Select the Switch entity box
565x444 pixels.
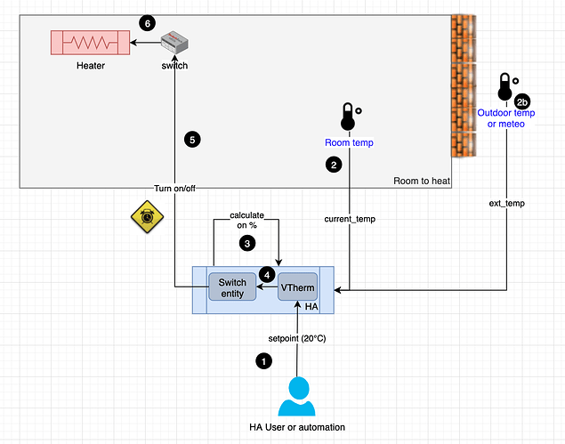(231, 287)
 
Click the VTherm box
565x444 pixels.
(298, 287)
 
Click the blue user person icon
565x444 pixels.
(297, 397)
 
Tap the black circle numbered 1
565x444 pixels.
(262, 360)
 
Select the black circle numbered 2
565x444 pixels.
(333, 165)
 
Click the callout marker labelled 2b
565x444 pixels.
(523, 101)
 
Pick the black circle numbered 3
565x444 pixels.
(248, 241)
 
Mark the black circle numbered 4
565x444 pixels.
(266, 272)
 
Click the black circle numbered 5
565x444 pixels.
(191, 139)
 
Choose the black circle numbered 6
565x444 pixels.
(148, 20)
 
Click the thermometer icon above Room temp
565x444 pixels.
(347, 117)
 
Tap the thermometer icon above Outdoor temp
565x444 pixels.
(504, 87)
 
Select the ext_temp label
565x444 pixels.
(507, 203)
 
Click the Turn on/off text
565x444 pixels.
(174, 189)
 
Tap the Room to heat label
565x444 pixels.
(421, 182)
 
